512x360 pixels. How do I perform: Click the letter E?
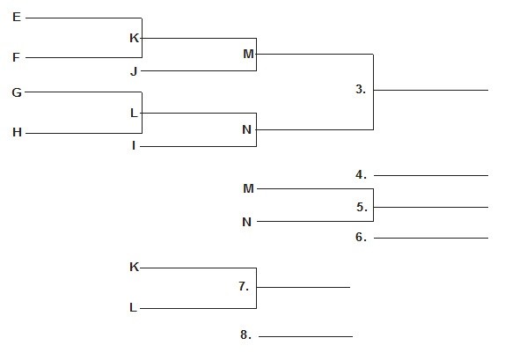click(17, 17)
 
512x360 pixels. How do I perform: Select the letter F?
click(17, 57)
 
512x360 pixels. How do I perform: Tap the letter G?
click(17, 92)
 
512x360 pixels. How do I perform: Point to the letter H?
click(17, 132)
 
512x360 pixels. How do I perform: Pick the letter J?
click(134, 71)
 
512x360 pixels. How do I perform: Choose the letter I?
click(134, 146)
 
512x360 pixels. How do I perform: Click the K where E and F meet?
click(135, 38)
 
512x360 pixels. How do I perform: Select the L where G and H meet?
click(134, 113)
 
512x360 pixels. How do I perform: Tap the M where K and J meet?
click(248, 54)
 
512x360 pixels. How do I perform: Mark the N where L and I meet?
click(247, 129)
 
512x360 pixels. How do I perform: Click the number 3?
click(361, 89)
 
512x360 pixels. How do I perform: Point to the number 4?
click(362, 175)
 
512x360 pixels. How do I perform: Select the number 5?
click(362, 207)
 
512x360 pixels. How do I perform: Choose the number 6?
click(362, 237)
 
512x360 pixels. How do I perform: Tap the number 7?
click(244, 286)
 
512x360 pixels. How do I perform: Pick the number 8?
click(245, 334)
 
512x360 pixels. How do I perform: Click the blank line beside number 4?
click(431, 175)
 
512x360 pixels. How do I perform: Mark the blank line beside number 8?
click(305, 336)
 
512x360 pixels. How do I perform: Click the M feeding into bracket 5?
click(248, 188)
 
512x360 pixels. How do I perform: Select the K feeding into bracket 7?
click(135, 267)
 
